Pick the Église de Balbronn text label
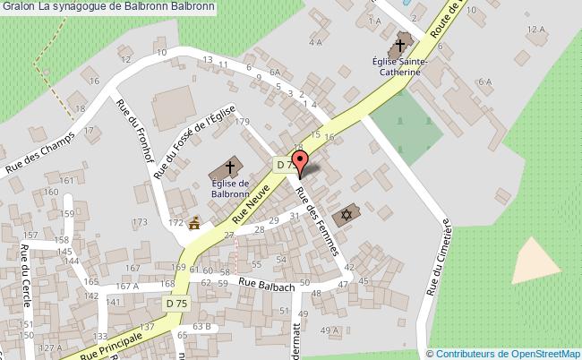(229, 185)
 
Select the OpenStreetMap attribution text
(505, 354)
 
